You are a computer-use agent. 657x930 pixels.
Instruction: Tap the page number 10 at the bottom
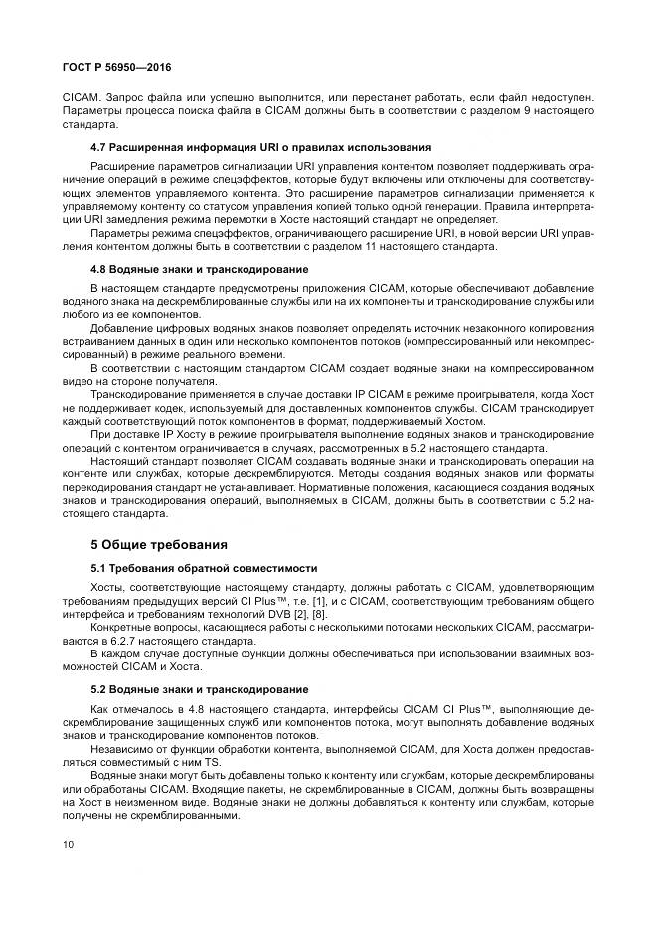[x=67, y=843]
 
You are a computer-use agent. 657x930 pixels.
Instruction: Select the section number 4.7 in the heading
[x=99, y=147]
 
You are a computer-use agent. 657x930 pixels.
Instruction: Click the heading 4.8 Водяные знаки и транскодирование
[x=199, y=269]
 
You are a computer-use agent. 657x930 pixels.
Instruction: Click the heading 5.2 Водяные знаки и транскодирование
[x=199, y=688]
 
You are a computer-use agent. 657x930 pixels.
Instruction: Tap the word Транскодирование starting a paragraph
[x=136, y=395]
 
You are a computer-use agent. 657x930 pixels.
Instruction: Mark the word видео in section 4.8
[x=77, y=382]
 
